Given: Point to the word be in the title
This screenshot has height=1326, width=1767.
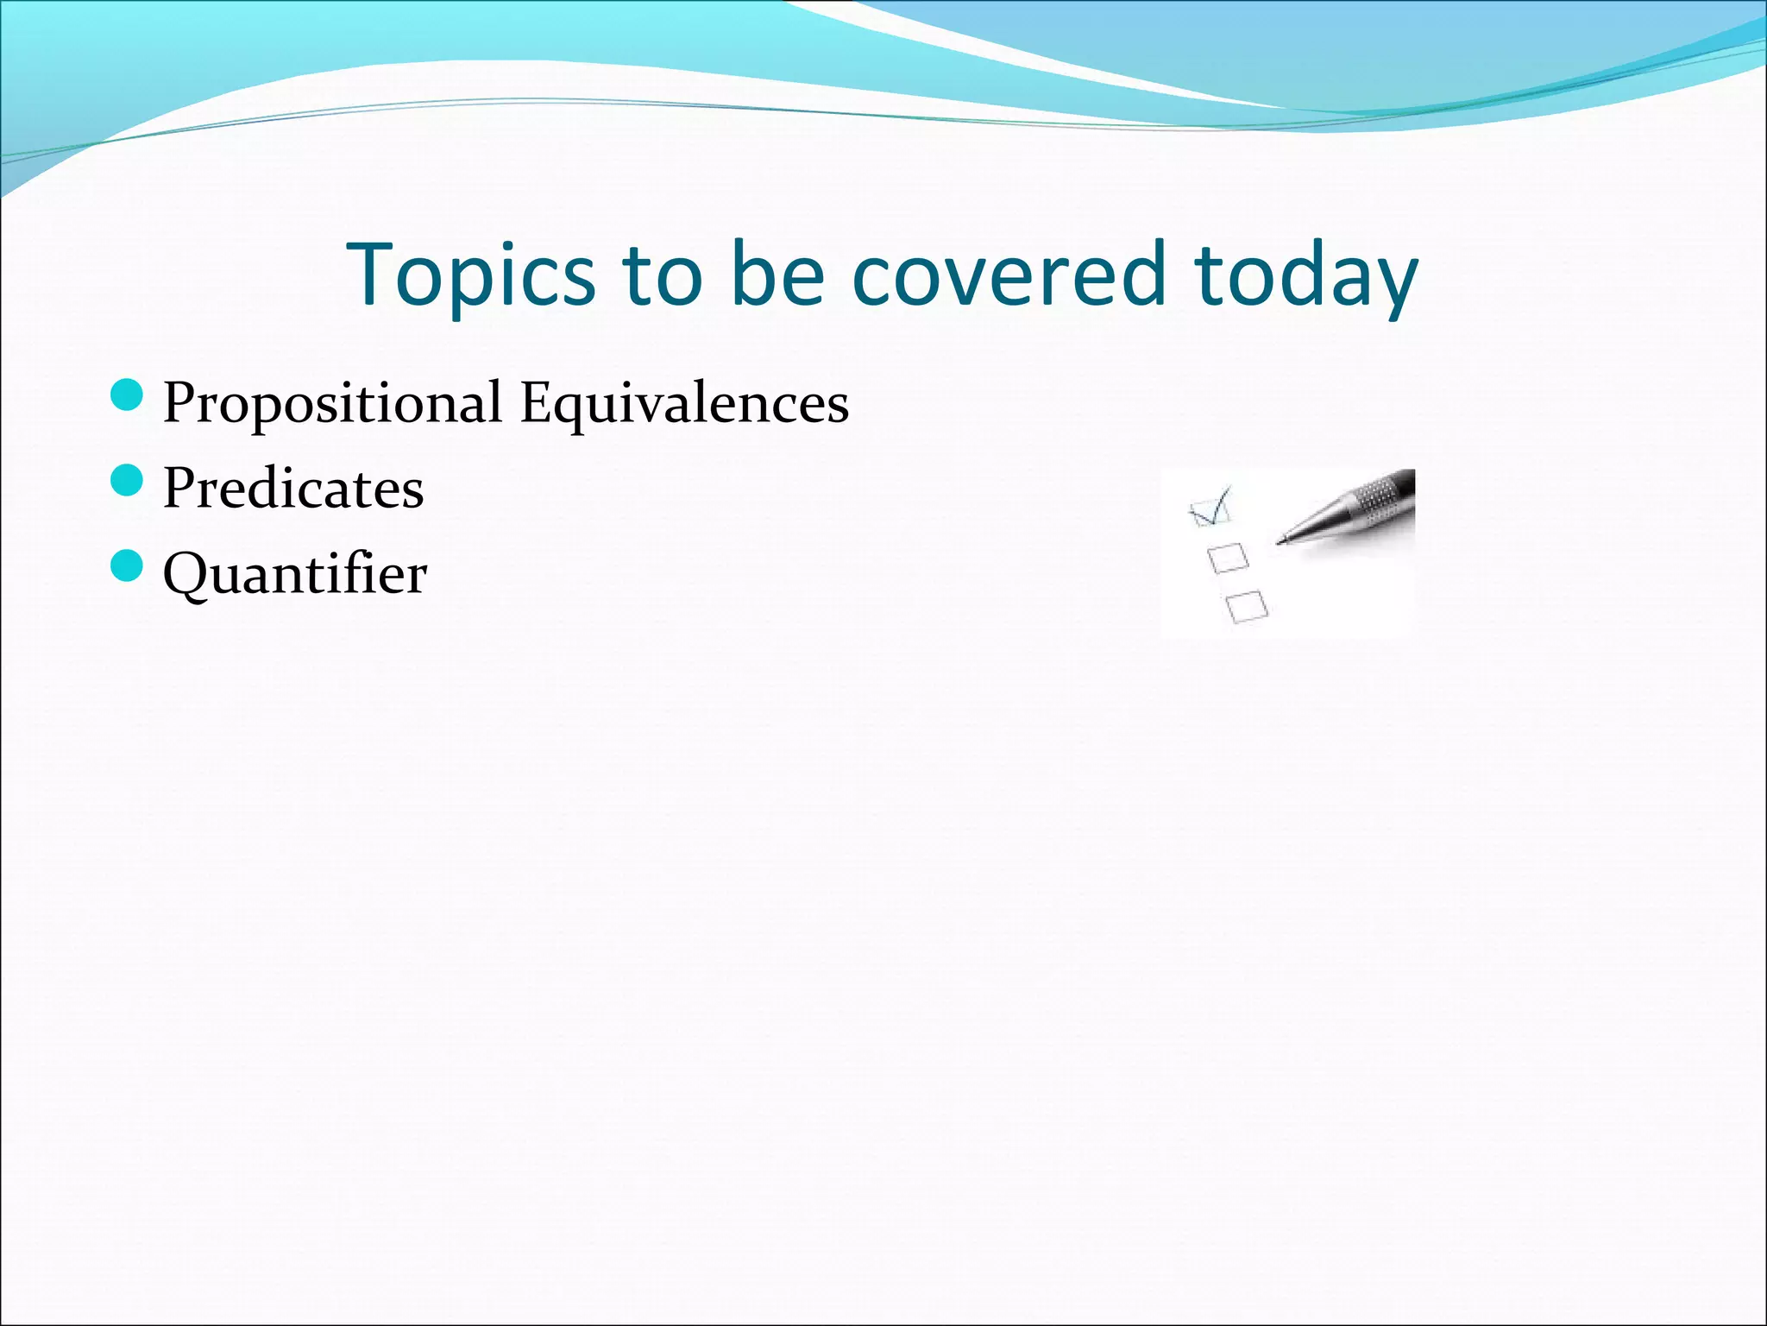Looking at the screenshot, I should tap(777, 275).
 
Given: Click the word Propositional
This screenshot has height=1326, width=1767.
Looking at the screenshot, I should tap(332, 404).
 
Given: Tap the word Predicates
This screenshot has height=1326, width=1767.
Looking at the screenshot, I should tap(293, 489).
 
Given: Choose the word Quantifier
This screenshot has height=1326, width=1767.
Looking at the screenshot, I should tap(295, 574).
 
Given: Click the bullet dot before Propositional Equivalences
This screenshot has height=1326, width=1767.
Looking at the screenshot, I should tap(127, 396).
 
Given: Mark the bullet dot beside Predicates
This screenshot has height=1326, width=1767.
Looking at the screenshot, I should tap(127, 481).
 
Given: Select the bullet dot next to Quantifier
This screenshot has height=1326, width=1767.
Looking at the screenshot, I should tap(127, 566).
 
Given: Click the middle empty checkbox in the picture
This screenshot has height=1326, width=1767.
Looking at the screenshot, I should tap(1228, 558).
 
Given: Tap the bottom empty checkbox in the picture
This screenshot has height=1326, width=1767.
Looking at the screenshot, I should tap(1247, 605).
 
